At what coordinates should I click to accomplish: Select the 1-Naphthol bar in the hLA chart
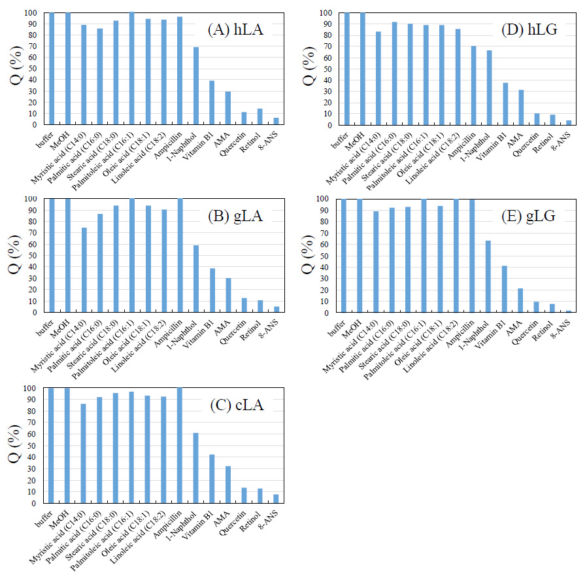pyautogui.click(x=195, y=86)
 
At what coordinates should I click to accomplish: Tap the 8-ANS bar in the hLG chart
pyautogui.click(x=568, y=122)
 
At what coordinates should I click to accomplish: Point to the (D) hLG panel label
pyautogui.click(x=529, y=29)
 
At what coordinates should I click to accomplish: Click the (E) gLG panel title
pyautogui.click(x=529, y=217)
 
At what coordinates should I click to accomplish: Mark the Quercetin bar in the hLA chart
pyautogui.click(x=244, y=118)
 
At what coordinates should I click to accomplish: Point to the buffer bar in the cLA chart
pyautogui.click(x=51, y=445)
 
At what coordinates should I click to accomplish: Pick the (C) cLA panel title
pyautogui.click(x=236, y=405)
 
